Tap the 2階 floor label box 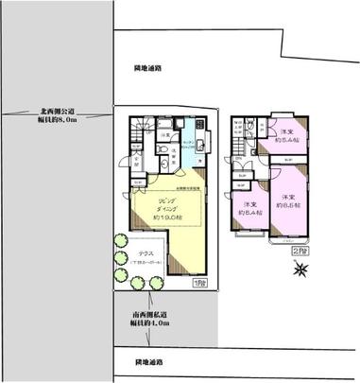[299, 251]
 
